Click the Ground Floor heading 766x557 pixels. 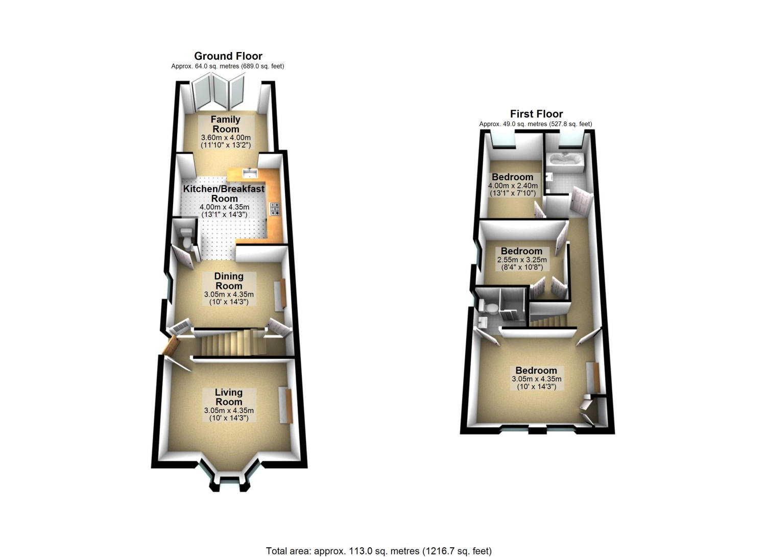[228, 56]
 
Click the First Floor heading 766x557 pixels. [536, 113]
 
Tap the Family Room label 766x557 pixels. [226, 124]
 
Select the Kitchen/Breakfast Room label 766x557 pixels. [224, 193]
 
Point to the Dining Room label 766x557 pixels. [229, 281]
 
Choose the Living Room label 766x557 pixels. [229, 397]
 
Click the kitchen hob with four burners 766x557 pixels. [275, 209]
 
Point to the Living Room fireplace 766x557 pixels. [286, 405]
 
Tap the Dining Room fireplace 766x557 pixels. [280, 295]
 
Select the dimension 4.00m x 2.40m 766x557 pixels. [513, 186]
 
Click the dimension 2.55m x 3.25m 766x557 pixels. [522, 259]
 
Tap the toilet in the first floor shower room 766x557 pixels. [489, 307]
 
